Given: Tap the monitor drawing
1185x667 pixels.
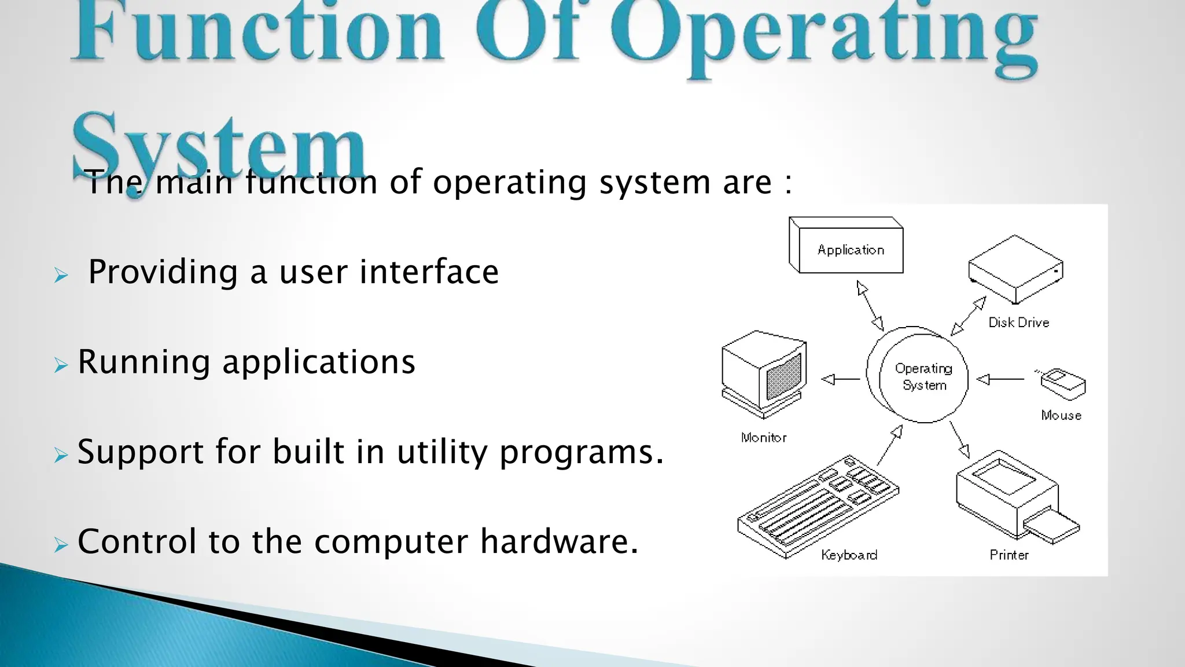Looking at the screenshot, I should [763, 374].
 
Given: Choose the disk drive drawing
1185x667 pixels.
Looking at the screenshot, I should [1015, 269].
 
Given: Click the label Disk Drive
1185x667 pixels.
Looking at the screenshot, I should [1018, 322].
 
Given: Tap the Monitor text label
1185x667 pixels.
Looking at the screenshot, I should [764, 438].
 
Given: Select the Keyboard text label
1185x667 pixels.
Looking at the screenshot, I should [849, 555].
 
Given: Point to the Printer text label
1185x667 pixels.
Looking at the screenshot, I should [1009, 555].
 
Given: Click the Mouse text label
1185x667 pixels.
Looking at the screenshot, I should [1061, 415].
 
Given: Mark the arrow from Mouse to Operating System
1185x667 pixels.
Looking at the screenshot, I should [1000, 379].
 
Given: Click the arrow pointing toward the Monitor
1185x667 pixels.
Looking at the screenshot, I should [841, 379].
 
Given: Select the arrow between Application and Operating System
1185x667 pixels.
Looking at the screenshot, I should [870, 306].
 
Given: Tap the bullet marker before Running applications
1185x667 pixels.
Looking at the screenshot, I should [61, 365].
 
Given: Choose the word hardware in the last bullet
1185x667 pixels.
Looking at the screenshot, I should [559, 541].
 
